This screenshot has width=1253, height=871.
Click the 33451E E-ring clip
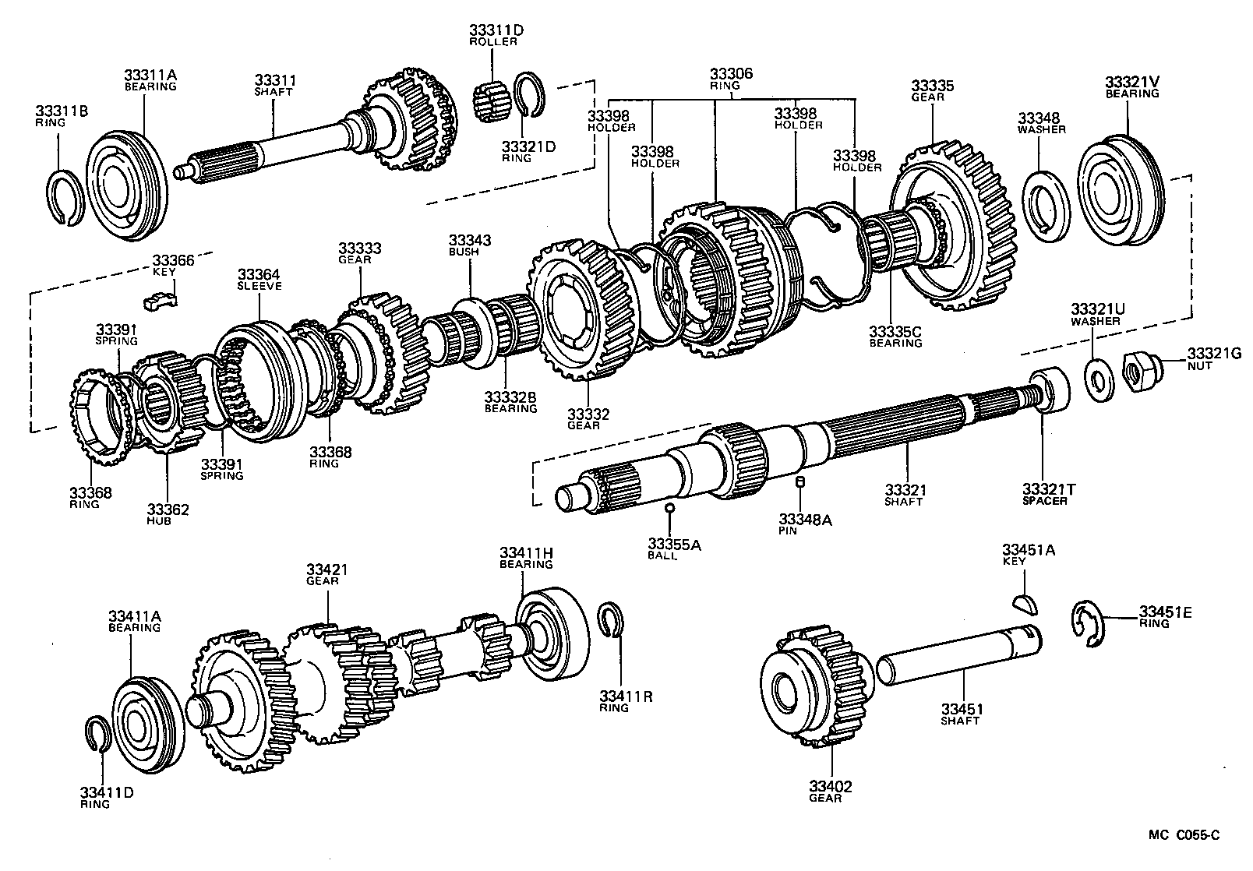tap(1087, 623)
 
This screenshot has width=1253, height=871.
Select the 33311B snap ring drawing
tap(65, 199)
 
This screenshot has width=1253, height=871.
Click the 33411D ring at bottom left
tap(96, 734)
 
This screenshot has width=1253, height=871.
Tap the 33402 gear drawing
tap(814, 685)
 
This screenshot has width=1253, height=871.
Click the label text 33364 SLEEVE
tap(259, 280)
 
